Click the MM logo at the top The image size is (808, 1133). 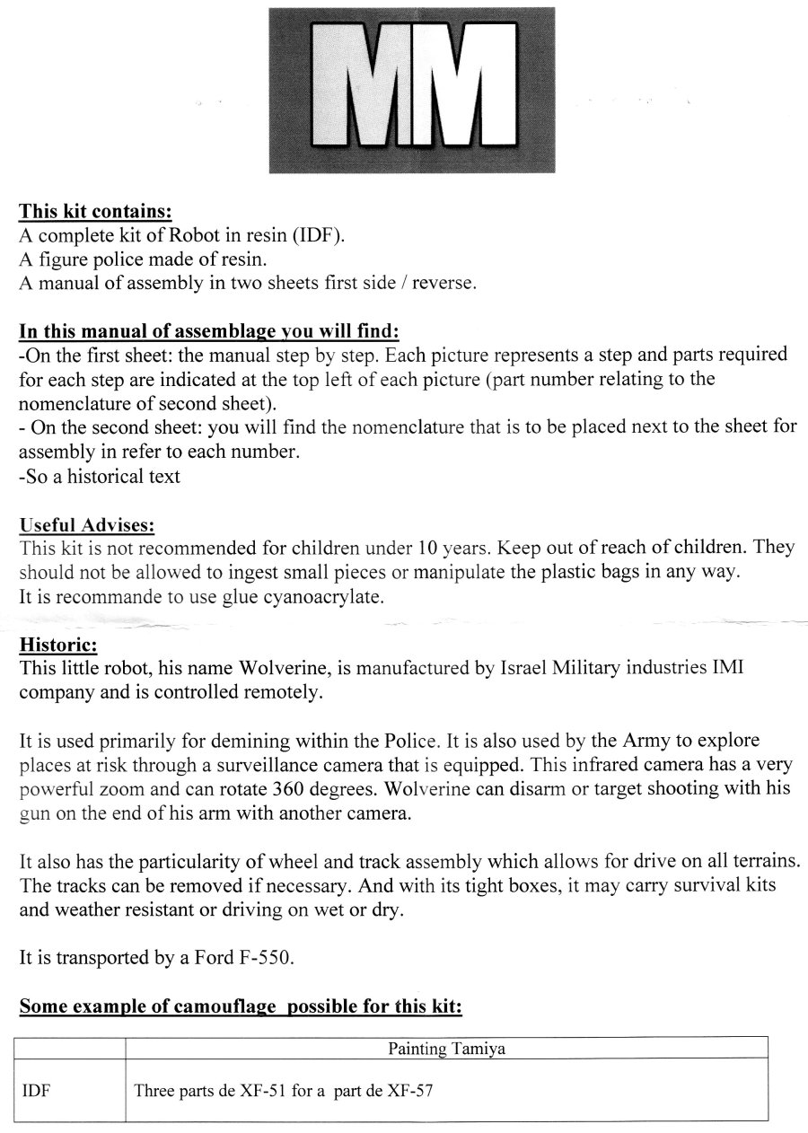[412, 90]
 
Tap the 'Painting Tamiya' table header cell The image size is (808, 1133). [446, 1048]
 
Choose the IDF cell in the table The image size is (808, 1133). [35, 1093]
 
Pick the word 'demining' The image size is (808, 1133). [268, 741]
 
